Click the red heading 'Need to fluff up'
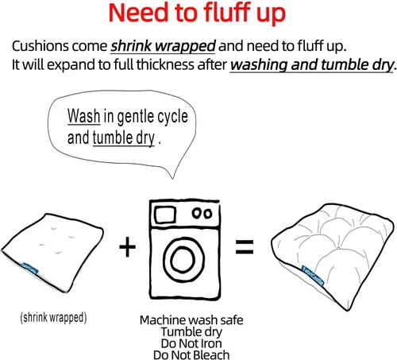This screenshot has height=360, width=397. pyautogui.click(x=197, y=14)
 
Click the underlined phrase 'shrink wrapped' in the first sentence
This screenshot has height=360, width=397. pyautogui.click(x=163, y=46)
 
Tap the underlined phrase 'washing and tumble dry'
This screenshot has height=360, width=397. pyautogui.click(x=312, y=65)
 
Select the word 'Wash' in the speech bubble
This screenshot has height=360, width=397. pyautogui.click(x=83, y=116)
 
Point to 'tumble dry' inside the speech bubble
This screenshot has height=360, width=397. pyautogui.click(x=123, y=138)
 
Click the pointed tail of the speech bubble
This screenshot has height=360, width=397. pyautogui.click(x=173, y=178)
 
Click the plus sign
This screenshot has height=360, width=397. pyautogui.click(x=127, y=247)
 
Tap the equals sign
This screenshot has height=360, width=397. pyautogui.click(x=245, y=247)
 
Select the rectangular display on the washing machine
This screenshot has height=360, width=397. pyautogui.click(x=165, y=214)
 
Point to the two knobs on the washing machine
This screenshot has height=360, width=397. pyautogui.click(x=202, y=213)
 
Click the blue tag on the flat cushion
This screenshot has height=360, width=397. pyautogui.click(x=29, y=268)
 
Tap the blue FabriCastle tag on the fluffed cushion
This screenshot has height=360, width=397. pyautogui.click(x=313, y=276)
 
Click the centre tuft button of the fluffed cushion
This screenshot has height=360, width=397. pyautogui.click(x=338, y=248)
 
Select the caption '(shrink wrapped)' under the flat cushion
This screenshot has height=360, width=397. pyautogui.click(x=53, y=317)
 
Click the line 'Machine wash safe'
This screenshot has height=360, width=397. pyautogui.click(x=191, y=320)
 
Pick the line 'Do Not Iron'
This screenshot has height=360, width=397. pyautogui.click(x=191, y=343)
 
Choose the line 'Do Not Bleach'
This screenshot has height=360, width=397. pyautogui.click(x=191, y=354)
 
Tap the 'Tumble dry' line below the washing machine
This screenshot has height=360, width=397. pyautogui.click(x=191, y=332)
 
